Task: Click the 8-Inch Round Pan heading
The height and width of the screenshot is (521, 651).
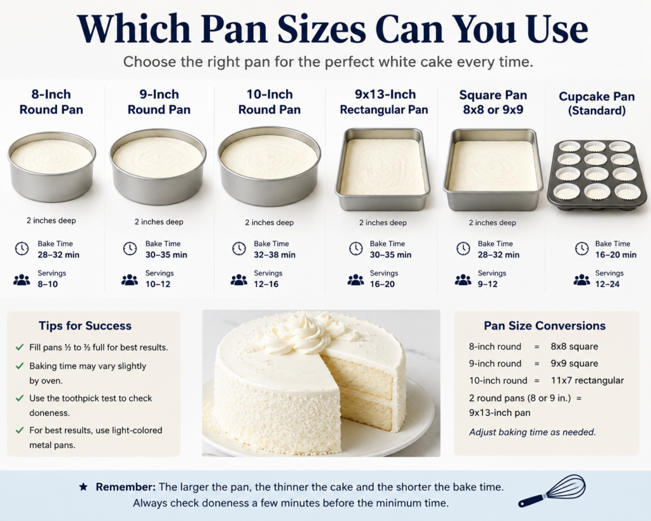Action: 51,102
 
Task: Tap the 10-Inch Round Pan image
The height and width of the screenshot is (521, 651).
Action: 270,166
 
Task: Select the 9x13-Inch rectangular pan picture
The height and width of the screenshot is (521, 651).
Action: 382,169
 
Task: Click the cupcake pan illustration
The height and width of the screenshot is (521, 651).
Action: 597,176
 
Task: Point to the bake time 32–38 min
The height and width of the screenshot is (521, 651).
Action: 275,254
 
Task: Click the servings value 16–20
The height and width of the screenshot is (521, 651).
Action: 382,284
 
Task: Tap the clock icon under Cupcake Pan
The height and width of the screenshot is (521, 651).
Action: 582,249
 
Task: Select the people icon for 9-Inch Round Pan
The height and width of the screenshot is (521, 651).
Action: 130,280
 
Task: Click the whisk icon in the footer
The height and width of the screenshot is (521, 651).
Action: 552,491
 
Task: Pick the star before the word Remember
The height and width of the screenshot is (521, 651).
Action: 83,487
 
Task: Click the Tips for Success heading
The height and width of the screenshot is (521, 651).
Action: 85,326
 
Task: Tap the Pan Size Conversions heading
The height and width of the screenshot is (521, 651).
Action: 545,326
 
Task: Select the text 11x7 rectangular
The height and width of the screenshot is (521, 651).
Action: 587,380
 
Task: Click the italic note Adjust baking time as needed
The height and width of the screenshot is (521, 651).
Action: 532,432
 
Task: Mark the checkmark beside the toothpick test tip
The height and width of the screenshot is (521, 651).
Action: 20,398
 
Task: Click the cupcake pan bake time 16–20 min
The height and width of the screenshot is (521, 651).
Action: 615,254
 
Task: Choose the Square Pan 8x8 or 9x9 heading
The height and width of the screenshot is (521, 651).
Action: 493,102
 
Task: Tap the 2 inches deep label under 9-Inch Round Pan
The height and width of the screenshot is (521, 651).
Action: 158,222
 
